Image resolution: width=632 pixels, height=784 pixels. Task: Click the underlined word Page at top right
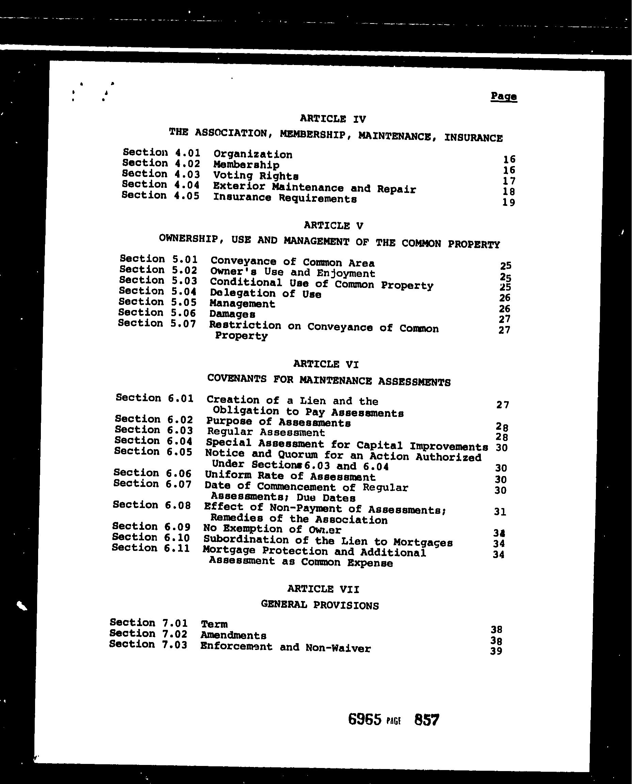[504, 96]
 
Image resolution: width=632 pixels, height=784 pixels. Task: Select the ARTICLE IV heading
[333, 119]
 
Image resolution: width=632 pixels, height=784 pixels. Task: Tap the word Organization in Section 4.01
[253, 154]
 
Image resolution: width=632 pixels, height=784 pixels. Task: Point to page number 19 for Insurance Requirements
[509, 202]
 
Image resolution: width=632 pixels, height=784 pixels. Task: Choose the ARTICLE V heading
[333, 226]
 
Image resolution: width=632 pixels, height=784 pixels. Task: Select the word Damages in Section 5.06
[232, 314]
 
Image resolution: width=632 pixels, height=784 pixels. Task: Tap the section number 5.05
[184, 302]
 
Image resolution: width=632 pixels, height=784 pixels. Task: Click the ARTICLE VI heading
[326, 364]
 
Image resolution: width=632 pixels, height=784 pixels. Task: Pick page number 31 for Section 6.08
[500, 512]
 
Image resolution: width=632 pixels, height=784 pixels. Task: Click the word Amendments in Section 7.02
[233, 636]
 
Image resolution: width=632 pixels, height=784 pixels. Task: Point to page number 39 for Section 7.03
[496, 651]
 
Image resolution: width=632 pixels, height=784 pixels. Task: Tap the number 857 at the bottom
[427, 720]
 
